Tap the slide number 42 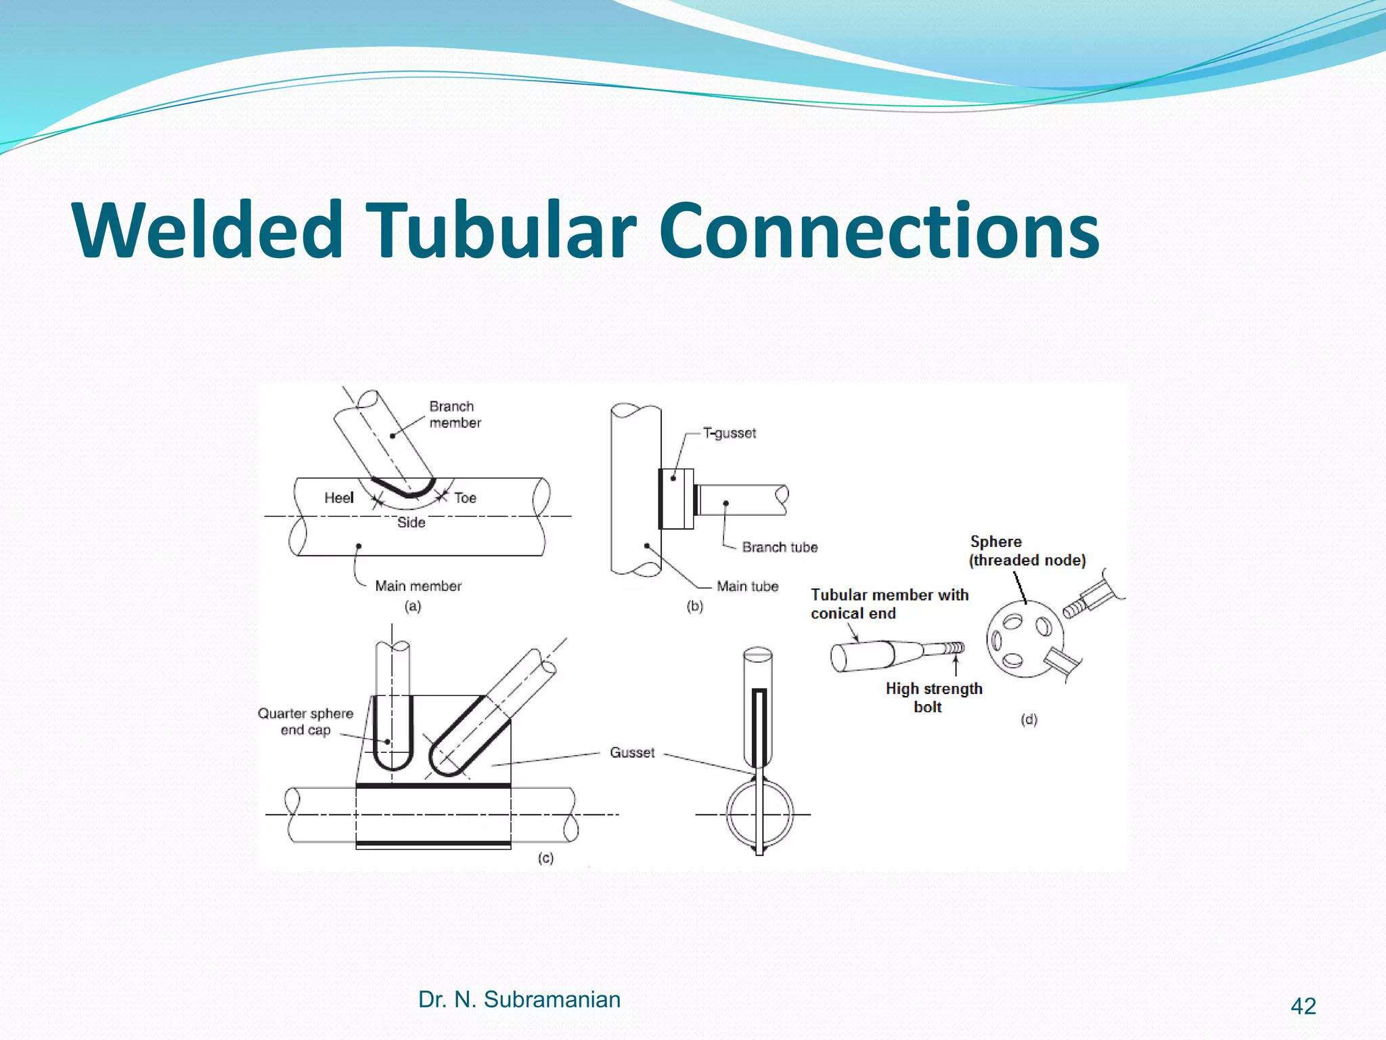click(1303, 1006)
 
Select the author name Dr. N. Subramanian click(519, 999)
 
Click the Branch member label click(455, 414)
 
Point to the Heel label click(338, 498)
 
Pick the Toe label click(465, 498)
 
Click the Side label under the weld click(411, 522)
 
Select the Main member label click(418, 586)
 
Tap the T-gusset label click(730, 433)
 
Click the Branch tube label click(780, 547)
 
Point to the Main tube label click(747, 586)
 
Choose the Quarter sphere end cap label click(306, 721)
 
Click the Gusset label click(632, 752)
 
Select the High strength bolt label click(933, 697)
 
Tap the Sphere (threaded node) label click(1027, 550)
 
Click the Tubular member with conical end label click(889, 603)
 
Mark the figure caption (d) click(1029, 719)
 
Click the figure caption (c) click(545, 858)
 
